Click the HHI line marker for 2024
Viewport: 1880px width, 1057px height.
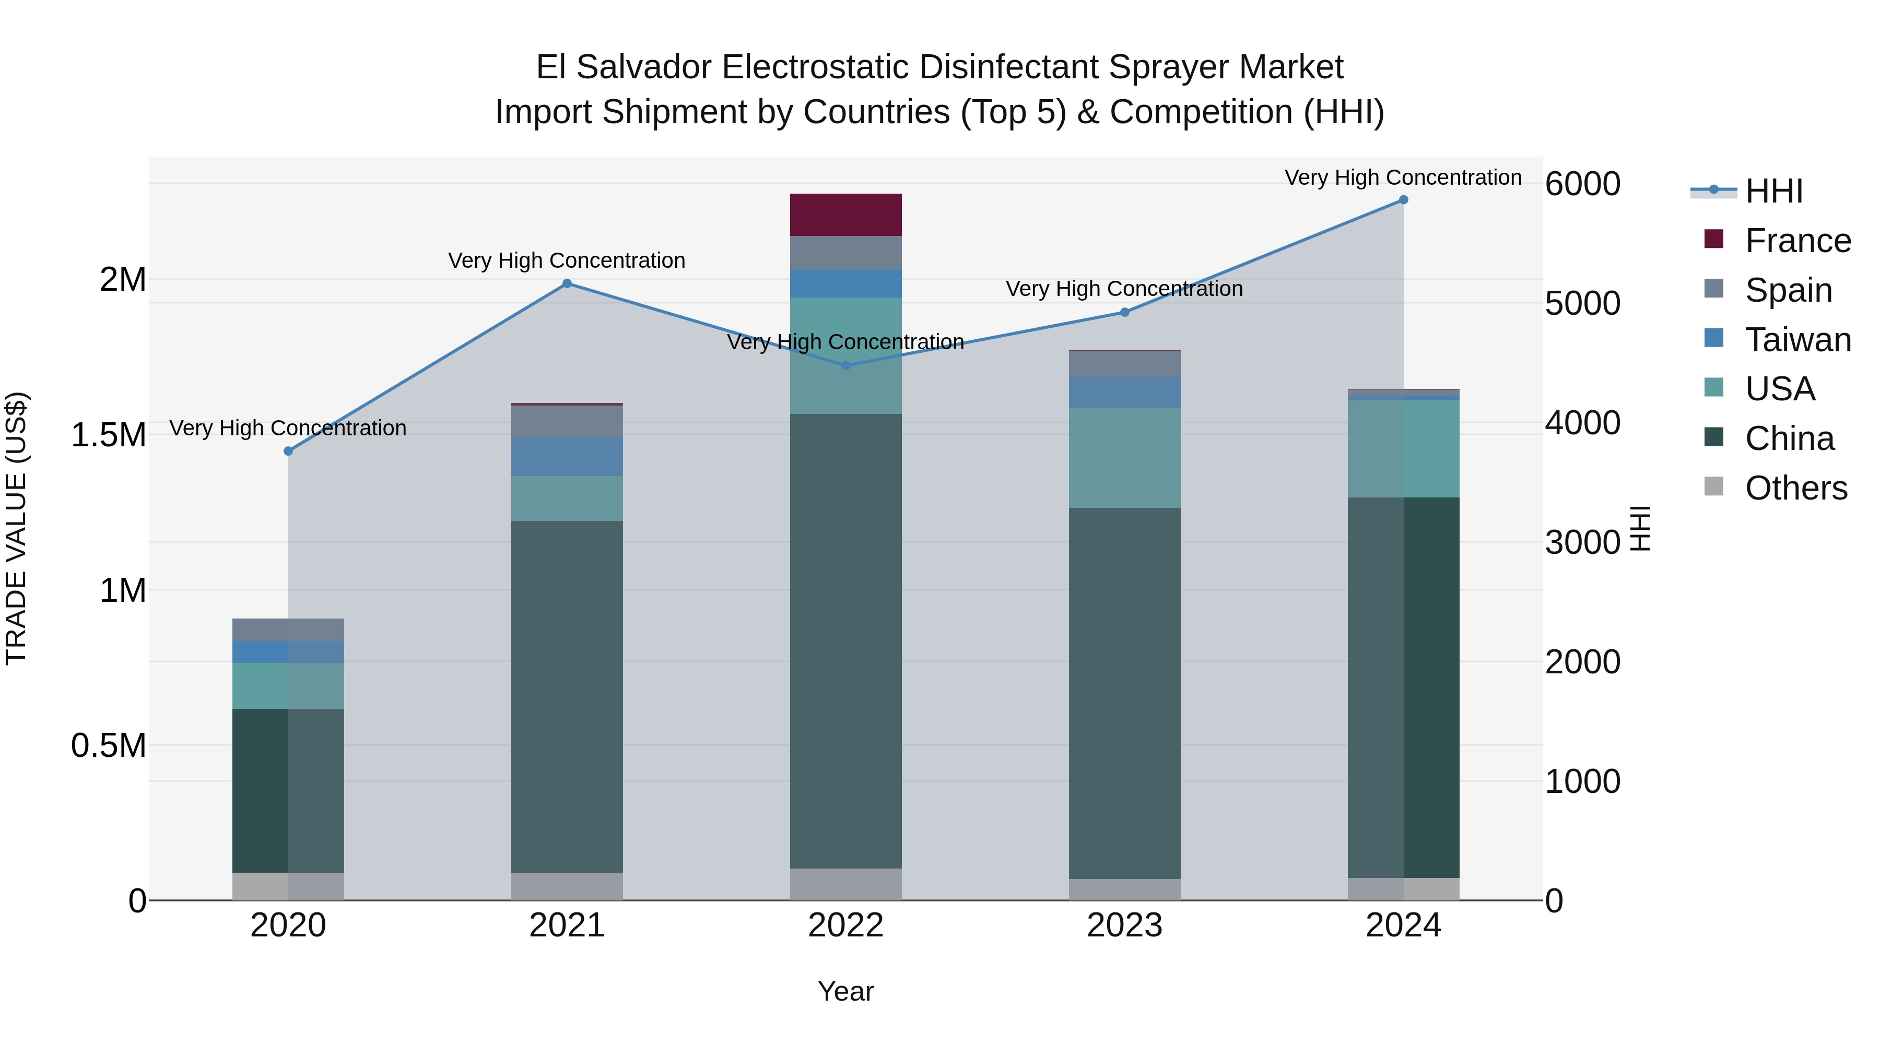coord(1403,200)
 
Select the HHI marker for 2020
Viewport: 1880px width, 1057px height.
coord(288,451)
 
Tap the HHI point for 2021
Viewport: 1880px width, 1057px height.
coord(567,284)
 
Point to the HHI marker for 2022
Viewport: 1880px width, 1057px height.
coord(846,365)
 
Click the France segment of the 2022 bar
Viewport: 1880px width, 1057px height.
coord(846,215)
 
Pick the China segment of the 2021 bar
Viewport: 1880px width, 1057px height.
coord(567,697)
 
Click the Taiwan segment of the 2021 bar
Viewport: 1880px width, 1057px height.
coord(567,457)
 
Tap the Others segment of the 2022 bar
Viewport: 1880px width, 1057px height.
coord(846,884)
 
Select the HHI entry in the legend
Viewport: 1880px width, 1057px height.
coord(1773,191)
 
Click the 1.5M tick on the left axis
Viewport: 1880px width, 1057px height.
coord(108,435)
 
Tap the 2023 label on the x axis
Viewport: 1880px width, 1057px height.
coord(1125,925)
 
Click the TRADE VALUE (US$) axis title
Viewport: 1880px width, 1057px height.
coord(16,528)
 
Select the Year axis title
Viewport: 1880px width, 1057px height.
coord(846,991)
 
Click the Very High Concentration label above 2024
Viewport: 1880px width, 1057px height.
coord(1403,178)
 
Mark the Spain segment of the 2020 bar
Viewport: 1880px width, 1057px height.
coord(288,630)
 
